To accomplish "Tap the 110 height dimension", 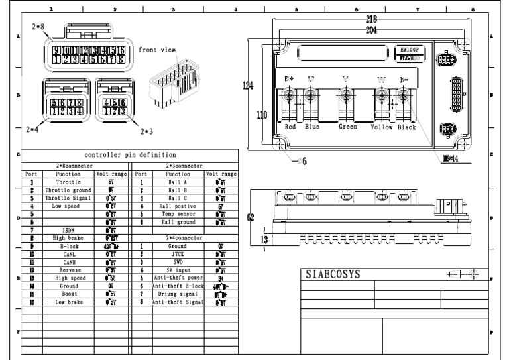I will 262,115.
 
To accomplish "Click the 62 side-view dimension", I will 251,217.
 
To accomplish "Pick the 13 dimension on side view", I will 263,240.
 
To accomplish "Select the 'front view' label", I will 157,50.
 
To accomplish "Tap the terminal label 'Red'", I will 290,127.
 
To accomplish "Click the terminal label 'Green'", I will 347,127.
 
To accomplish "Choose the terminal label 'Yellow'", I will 382,127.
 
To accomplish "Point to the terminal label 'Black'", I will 407,127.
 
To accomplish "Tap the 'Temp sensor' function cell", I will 178,214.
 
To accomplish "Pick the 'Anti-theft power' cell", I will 178,277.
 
